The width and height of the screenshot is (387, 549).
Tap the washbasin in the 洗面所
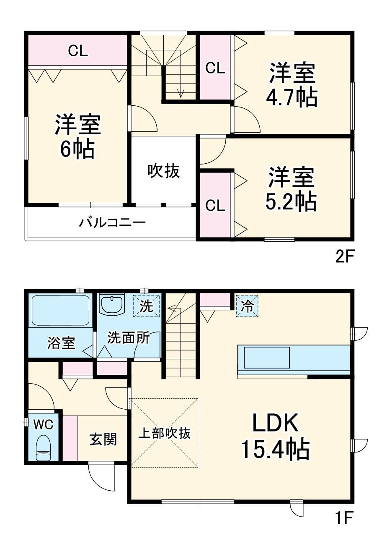112,304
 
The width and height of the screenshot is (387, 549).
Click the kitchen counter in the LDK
293,359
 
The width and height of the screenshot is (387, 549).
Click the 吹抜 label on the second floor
163,171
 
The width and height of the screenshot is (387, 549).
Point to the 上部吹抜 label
165,433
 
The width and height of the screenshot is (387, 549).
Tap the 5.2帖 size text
291,202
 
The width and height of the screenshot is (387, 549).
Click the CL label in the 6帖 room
78,51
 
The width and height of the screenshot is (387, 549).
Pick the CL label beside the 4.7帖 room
215,68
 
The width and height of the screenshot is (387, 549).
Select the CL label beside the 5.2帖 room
215,205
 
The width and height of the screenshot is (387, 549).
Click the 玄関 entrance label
103,439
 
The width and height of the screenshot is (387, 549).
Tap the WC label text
43,425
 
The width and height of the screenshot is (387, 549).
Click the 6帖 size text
77,149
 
